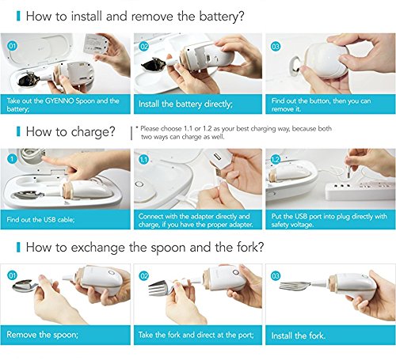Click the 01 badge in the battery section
[x=13, y=46]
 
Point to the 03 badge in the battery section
[x=275, y=47]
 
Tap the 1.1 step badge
[x=144, y=160]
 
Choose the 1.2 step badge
[x=275, y=160]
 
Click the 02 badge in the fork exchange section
[x=144, y=276]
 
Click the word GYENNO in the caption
[x=59, y=100]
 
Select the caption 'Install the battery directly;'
[x=185, y=104]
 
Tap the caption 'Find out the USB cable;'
[x=40, y=219]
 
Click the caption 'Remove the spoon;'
[x=42, y=335]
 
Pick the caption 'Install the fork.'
[x=298, y=335]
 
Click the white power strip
[x=360, y=191]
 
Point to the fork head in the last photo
[x=295, y=286]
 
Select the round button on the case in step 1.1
[x=139, y=184]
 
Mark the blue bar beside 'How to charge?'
[x=18, y=131]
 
